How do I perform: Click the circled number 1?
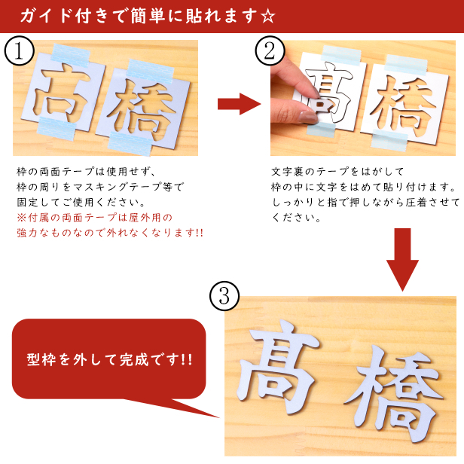coord(19,50)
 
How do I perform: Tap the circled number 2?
coord(270,50)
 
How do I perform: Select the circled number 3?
coord(224,295)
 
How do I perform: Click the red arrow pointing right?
coord(239,104)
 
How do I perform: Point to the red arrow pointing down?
coord(402,260)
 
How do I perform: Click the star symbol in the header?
coord(268,17)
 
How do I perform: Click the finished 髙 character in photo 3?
coord(278,367)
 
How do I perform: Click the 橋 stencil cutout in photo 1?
coord(142,109)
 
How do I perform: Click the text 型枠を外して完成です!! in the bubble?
coord(109,360)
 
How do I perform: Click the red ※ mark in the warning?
coord(22,218)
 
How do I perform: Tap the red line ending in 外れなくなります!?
coord(110,233)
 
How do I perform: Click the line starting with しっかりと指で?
coord(366,202)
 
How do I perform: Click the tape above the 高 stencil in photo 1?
coord(71,53)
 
